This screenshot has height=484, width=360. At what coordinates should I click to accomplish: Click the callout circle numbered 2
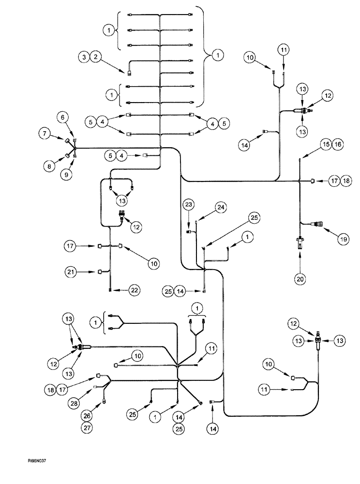click(x=97, y=57)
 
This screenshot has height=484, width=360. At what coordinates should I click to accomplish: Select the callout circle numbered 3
click(x=85, y=57)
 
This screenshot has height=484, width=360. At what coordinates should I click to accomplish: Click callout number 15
click(x=325, y=144)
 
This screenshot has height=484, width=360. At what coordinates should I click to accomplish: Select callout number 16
click(x=337, y=144)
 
